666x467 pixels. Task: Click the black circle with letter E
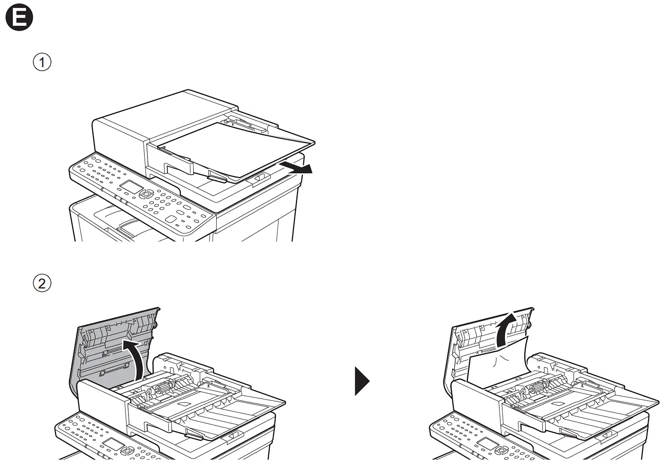coord(19,19)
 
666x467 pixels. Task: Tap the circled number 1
coord(42,62)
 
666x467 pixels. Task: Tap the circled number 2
coord(42,283)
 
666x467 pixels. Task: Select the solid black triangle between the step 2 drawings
coord(362,380)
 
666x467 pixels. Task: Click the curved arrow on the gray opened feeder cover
coord(135,357)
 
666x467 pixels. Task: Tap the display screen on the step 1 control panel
coord(131,187)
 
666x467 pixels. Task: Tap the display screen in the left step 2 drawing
coord(112,444)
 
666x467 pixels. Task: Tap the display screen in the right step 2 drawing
coord(487,444)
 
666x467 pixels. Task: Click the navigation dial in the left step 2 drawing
coord(127,450)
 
